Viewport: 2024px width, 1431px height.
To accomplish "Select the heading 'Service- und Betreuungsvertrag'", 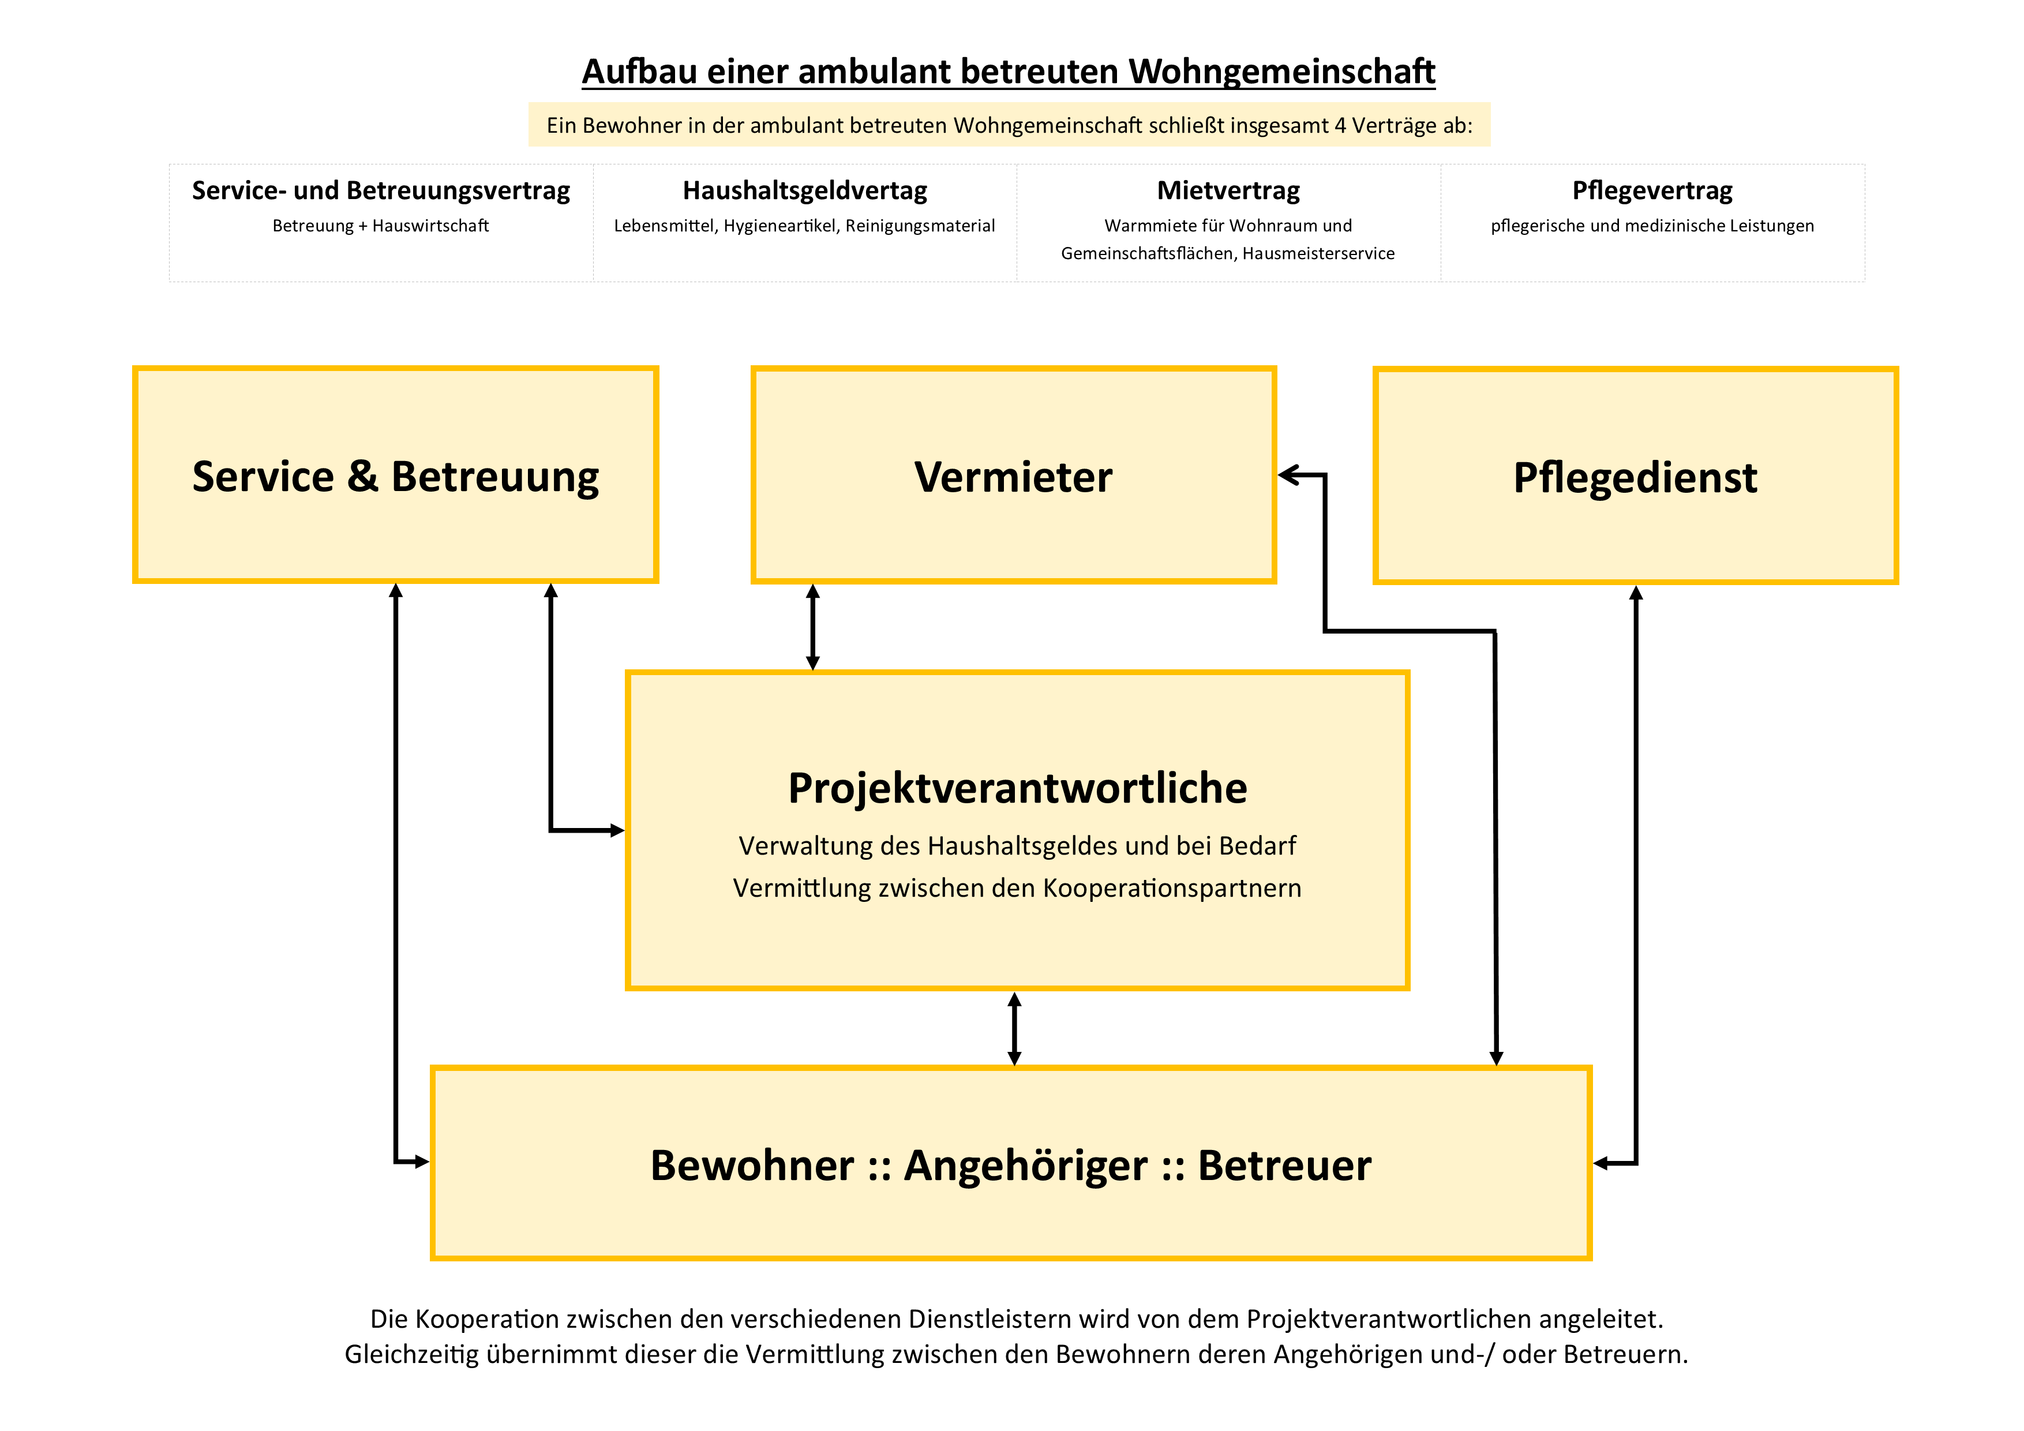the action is coord(381,190).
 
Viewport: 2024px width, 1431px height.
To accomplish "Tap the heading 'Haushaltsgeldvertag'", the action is coord(805,190).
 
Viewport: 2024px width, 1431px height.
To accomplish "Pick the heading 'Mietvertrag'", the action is coord(1228,190).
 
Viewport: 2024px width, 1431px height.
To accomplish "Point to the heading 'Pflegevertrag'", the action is coord(1652,190).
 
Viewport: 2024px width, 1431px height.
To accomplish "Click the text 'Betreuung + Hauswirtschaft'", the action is coord(381,226).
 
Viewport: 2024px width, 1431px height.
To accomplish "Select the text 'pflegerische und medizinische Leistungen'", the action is coord(1652,226).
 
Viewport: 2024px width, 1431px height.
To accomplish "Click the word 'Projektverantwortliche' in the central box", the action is coord(1017,788).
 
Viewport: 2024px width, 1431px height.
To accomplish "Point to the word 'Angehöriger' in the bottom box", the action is coord(1026,1166).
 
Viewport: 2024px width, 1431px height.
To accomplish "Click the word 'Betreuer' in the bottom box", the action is coord(1284,1166).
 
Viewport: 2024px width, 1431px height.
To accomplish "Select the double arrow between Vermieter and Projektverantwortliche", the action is coord(813,627).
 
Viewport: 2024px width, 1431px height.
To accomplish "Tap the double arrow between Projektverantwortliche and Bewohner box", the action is coord(1015,1029).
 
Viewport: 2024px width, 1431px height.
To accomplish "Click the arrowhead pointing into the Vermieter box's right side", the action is coord(1289,475).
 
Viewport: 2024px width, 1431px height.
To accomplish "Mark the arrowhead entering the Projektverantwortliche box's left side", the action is coord(617,830).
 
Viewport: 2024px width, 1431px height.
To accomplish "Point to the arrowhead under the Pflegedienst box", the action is coord(1636,593).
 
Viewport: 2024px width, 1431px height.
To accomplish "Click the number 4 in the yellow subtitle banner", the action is coord(1340,125).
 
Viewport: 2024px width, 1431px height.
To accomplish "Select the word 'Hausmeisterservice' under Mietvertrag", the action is coord(1320,254).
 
